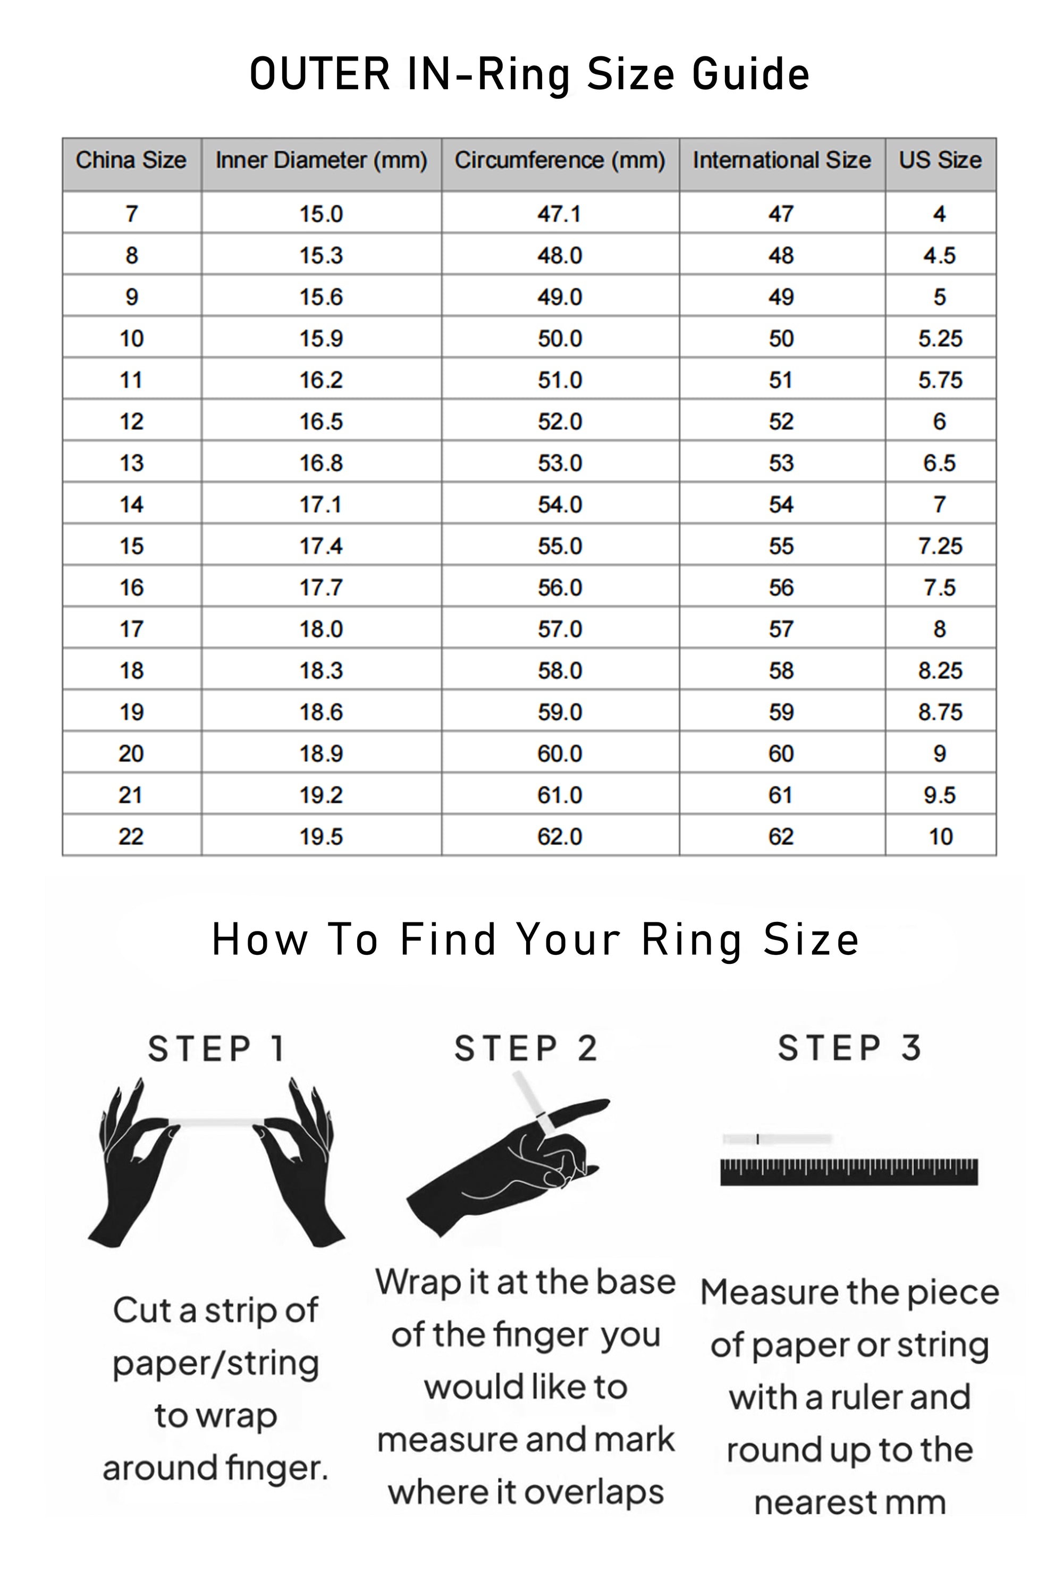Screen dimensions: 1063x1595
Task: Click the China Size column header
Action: [131, 160]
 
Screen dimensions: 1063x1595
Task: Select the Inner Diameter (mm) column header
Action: [322, 161]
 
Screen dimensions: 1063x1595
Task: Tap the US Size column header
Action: [940, 160]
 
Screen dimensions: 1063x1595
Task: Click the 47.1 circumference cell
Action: [559, 214]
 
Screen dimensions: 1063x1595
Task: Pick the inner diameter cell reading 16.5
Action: [322, 422]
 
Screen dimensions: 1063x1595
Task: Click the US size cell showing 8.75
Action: [940, 712]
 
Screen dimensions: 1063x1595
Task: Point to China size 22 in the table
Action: [131, 837]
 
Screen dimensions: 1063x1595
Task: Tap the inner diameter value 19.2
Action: [322, 795]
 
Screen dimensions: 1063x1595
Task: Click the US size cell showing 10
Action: [941, 837]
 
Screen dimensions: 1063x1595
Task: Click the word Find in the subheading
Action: [448, 940]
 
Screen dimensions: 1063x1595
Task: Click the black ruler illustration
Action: [849, 1172]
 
